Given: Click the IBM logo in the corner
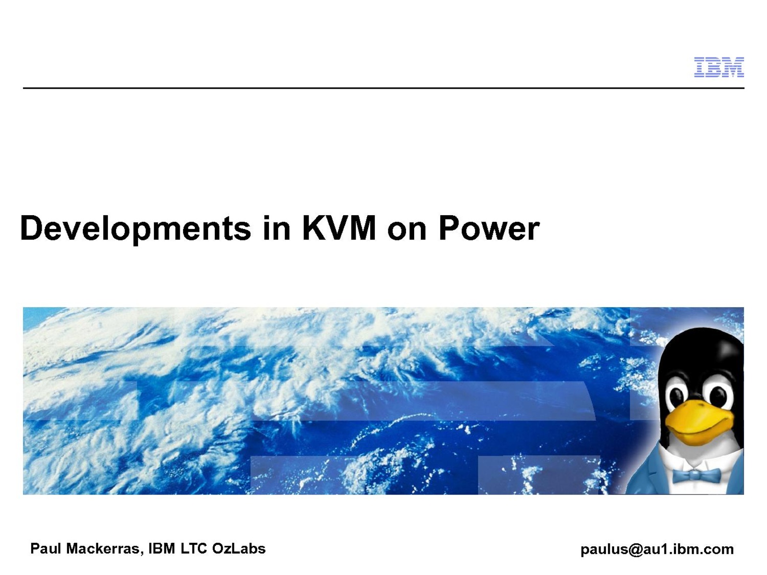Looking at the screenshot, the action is pos(719,67).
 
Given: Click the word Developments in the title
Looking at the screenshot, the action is pos(136,229).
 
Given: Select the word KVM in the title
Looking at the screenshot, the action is pos(338,228).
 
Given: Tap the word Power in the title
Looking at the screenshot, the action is pos(489,228).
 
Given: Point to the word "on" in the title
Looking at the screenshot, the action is pos(407,231).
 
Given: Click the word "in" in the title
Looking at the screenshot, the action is pos(277,228).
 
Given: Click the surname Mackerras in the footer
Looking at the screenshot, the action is pos(104,549).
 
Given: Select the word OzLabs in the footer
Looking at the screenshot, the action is pos(239,549).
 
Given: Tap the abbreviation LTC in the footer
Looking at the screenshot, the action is pos(193,549).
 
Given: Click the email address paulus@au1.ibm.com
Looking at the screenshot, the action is pos(657,550).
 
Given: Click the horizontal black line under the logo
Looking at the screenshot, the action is pos(383,88).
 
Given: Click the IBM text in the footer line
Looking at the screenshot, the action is pos(162,549).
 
